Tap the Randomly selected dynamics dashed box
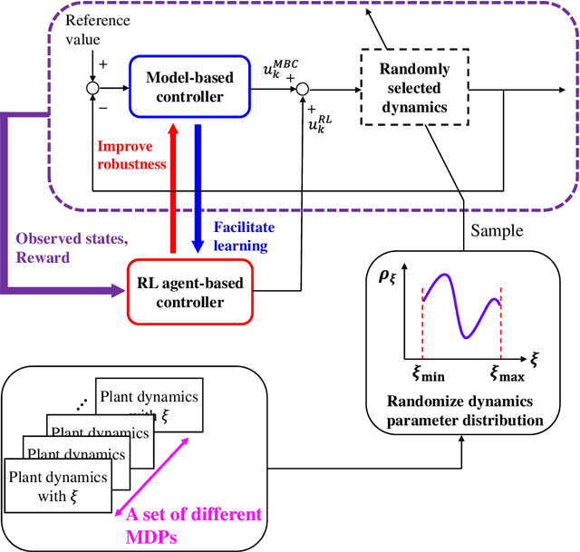pos(406,89)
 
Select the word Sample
pos(497,230)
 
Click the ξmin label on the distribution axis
pos(422,373)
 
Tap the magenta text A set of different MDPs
pos(197,523)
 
